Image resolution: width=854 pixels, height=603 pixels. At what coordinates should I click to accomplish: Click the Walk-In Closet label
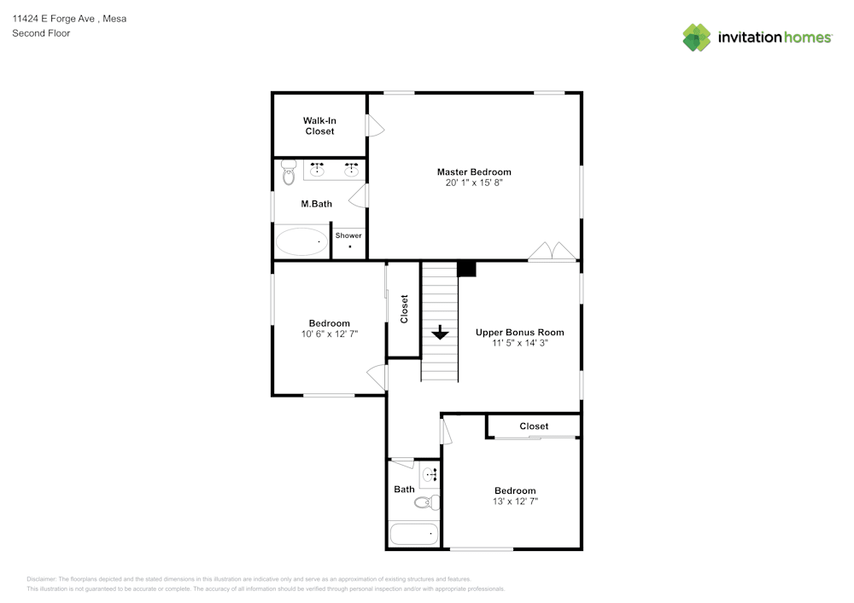(x=319, y=126)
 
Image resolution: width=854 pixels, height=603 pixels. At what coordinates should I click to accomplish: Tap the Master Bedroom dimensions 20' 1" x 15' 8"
(x=474, y=183)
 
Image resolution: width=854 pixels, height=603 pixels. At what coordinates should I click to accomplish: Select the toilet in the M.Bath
(x=288, y=173)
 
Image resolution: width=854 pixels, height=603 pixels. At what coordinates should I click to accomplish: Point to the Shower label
(x=348, y=235)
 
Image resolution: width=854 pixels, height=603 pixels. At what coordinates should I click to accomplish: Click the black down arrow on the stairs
(x=440, y=332)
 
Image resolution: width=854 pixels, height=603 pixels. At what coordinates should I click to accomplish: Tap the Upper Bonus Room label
(x=519, y=333)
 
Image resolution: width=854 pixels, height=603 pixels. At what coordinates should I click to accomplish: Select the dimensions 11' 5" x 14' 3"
(x=519, y=343)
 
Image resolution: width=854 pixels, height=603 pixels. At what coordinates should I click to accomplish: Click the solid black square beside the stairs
(x=466, y=270)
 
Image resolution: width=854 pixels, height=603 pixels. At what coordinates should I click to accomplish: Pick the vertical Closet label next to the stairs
(x=405, y=309)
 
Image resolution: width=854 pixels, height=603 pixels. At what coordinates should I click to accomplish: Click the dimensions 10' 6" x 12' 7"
(x=329, y=334)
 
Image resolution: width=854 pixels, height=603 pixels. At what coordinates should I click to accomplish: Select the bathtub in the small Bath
(x=414, y=535)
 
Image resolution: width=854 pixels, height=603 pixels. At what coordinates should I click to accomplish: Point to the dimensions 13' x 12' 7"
(x=516, y=502)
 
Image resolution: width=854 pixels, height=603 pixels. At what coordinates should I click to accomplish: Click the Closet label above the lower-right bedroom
(x=534, y=426)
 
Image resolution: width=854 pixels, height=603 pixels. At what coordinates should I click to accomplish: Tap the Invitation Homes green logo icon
(x=697, y=37)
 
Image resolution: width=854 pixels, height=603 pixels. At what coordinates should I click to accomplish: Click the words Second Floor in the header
(x=41, y=33)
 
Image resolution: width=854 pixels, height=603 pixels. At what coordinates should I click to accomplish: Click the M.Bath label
(x=317, y=204)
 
